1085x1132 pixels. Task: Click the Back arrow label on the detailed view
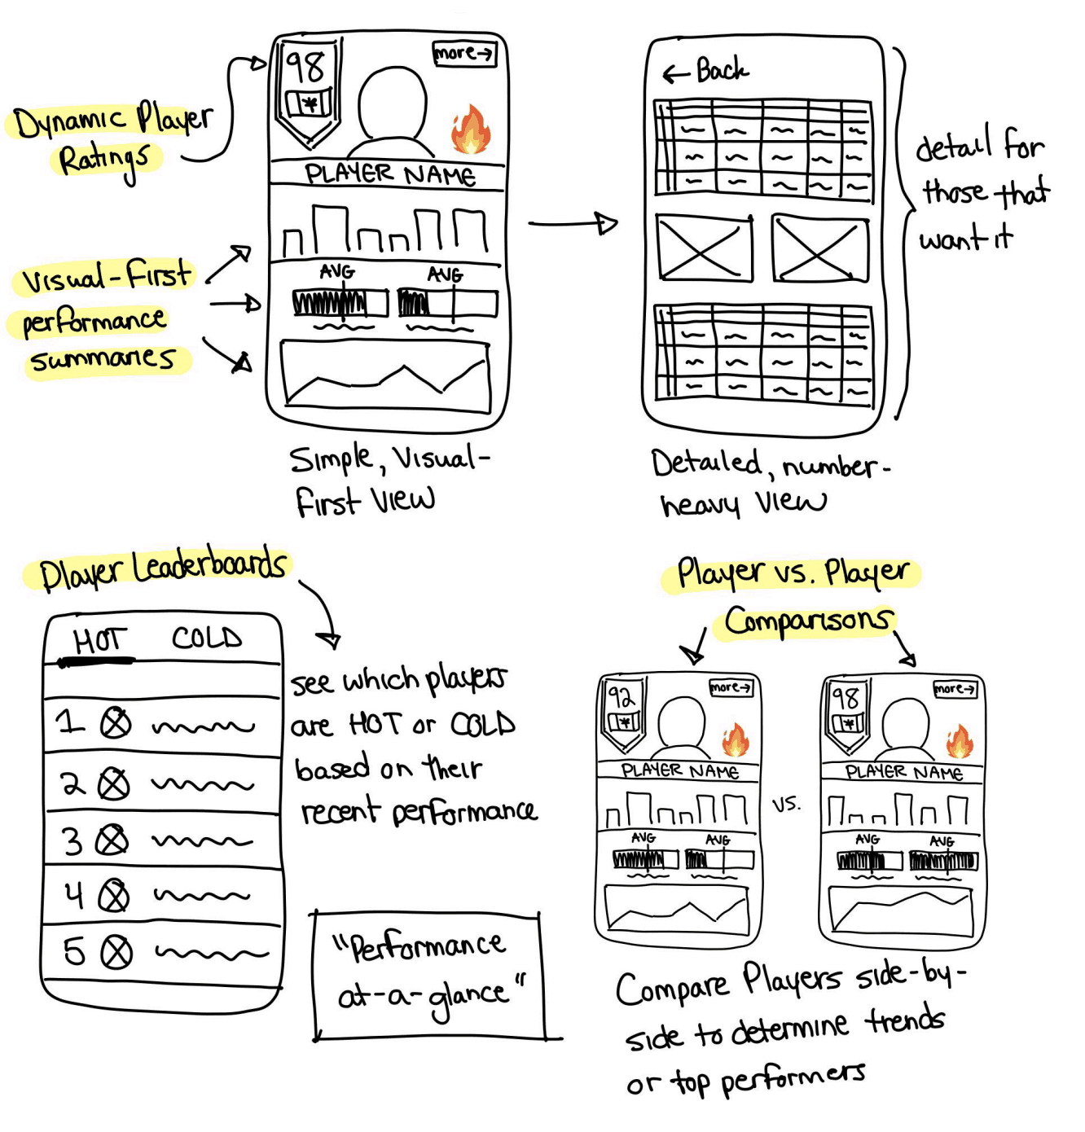706,72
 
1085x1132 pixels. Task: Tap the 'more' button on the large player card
463,54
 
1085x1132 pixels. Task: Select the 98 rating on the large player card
305,66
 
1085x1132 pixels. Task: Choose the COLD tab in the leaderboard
207,638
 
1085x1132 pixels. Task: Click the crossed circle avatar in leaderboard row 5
116,951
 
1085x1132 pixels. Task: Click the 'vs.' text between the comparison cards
787,805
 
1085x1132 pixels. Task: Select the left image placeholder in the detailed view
705,248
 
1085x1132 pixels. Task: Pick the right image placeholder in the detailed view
820,248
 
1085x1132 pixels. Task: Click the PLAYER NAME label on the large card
389,174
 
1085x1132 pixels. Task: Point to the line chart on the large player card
385,376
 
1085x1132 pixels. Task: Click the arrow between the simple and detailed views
573,223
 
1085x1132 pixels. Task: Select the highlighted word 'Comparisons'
807,622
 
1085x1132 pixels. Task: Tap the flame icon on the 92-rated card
735,741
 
